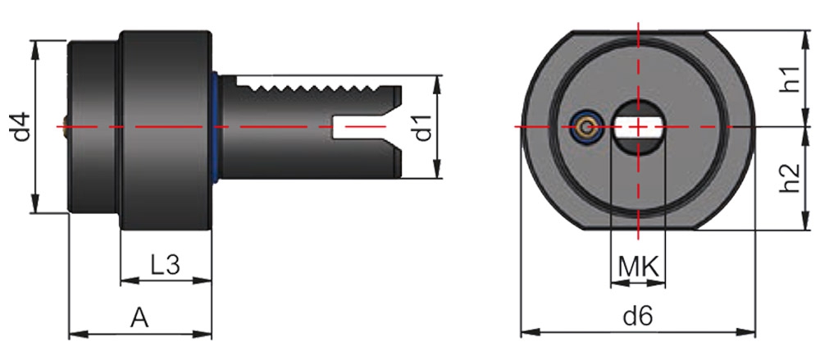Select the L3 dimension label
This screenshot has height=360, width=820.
click(165, 264)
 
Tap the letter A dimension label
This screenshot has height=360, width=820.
click(139, 317)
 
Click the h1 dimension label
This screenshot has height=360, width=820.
click(789, 79)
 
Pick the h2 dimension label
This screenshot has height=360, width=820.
click(789, 179)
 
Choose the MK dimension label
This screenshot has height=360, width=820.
click(638, 266)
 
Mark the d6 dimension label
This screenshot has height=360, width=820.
click(637, 316)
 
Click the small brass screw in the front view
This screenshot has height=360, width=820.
click(584, 127)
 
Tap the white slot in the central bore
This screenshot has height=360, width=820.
click(639, 126)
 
